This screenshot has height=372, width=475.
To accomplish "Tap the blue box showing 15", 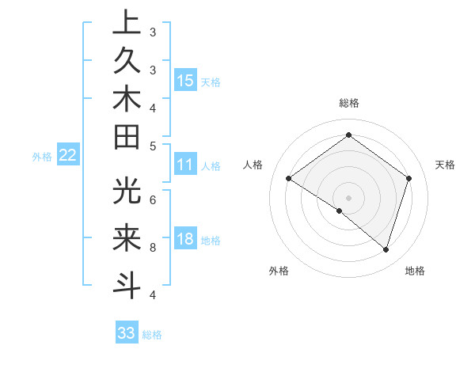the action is pos(185,80).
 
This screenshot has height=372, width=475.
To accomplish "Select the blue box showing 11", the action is pos(185,165).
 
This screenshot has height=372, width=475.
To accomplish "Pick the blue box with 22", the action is pos(68,155).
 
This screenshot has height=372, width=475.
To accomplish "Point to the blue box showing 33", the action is pos(127,333).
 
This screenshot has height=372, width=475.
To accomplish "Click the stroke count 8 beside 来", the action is pos(153,248).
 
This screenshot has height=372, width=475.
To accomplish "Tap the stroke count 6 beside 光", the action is pos(153,199).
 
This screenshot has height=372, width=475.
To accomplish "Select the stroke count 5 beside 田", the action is pos(153,146).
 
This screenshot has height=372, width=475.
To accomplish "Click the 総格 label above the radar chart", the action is pos(348,103).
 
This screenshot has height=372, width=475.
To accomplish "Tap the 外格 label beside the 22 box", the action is pos(42,157).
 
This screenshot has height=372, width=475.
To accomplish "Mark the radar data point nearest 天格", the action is pos(408,178).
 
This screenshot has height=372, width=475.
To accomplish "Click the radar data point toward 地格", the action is pos(386,249).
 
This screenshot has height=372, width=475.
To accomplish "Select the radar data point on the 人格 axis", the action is pos(289,178).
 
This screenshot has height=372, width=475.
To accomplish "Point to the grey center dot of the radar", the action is pos(348,197).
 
